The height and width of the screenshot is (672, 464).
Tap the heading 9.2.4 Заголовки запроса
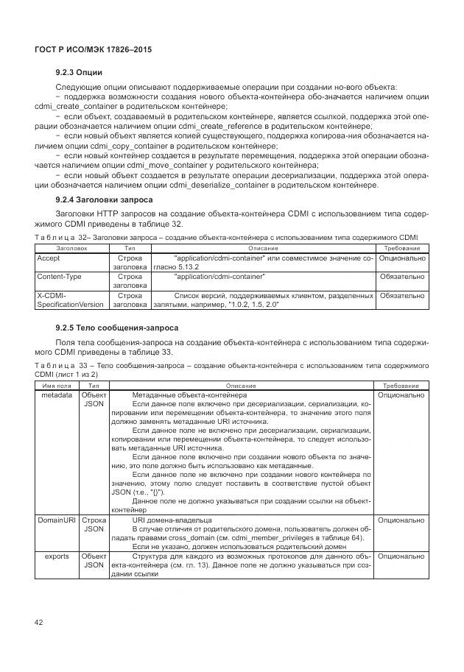click(x=104, y=200)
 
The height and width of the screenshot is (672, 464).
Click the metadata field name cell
click(x=56, y=395)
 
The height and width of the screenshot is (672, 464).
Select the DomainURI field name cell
click(x=57, y=520)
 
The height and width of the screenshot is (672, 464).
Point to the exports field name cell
click(x=57, y=556)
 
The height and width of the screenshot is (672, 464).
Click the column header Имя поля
click(x=57, y=386)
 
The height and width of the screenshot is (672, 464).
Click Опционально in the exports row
click(x=401, y=556)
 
